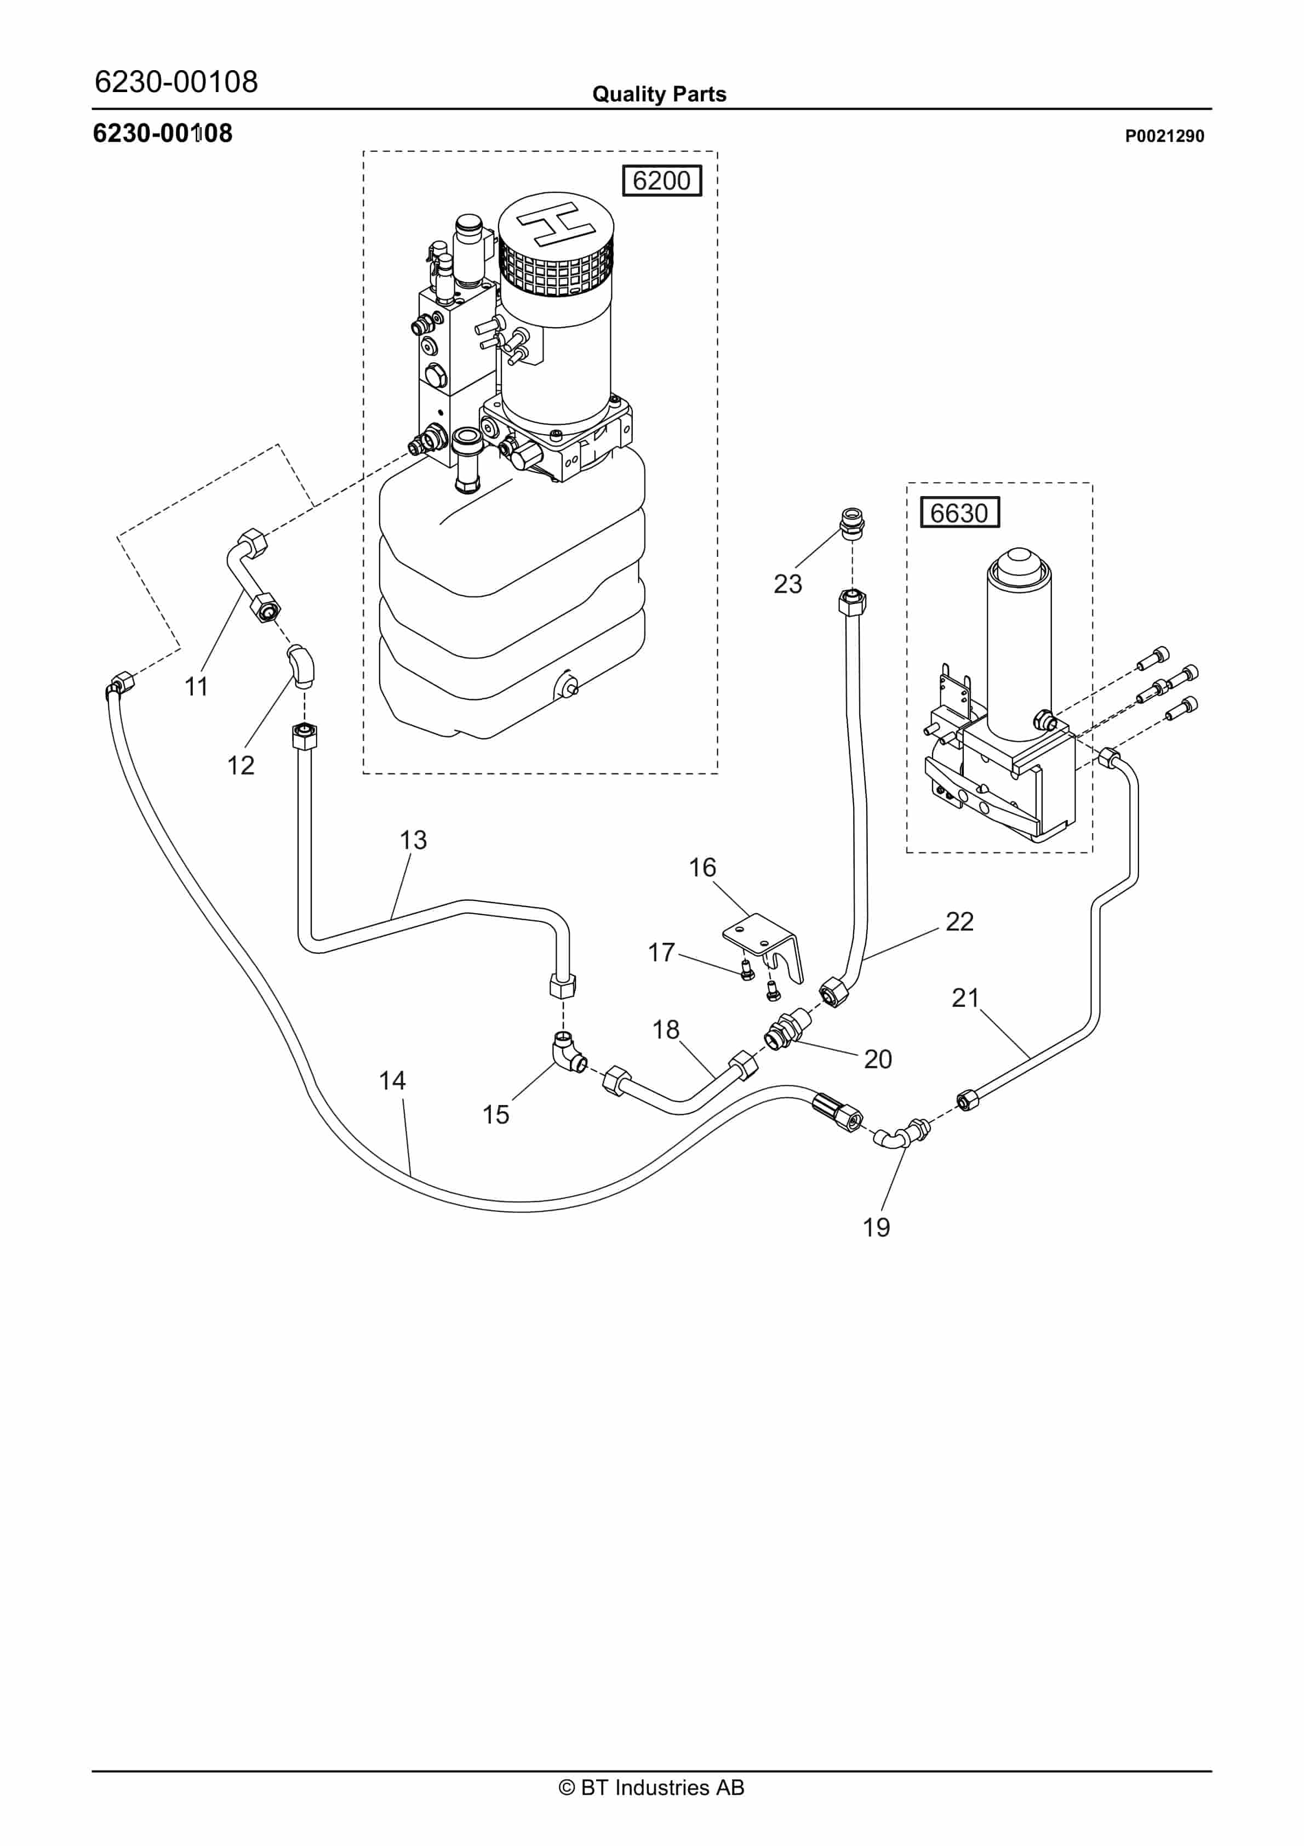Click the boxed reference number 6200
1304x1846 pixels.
pos(662,180)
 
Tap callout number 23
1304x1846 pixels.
pos(787,584)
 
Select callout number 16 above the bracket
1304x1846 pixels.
pos(702,868)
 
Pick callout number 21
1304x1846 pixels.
pos(965,998)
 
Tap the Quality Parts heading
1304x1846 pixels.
pos(659,94)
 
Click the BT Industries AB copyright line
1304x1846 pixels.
pos(651,1787)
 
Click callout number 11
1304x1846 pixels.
pos(196,687)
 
